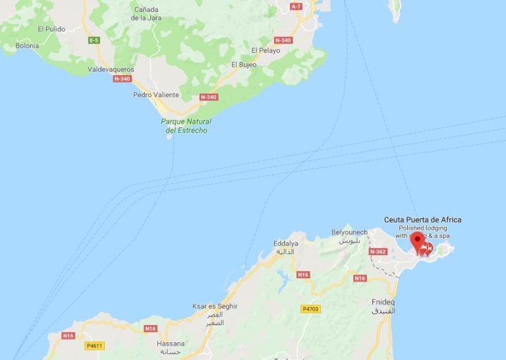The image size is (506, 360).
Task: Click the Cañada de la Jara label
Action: click(x=146, y=14)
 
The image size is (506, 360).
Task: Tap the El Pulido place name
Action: click(x=50, y=29)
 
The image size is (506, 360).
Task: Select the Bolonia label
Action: click(x=27, y=45)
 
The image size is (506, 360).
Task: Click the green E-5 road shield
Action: click(x=94, y=40)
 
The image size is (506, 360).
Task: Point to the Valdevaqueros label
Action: click(x=111, y=69)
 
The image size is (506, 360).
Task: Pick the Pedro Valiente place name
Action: click(x=155, y=94)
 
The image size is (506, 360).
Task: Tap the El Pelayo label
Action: click(x=266, y=50)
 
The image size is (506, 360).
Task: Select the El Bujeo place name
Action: click(x=243, y=64)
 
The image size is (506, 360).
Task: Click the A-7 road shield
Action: click(x=296, y=7)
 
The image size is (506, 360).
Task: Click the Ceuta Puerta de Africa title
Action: click(x=422, y=220)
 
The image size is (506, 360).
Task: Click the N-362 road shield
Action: click(x=378, y=251)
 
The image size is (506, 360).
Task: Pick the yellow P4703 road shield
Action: click(x=311, y=309)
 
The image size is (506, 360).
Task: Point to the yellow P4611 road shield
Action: click(x=94, y=345)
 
